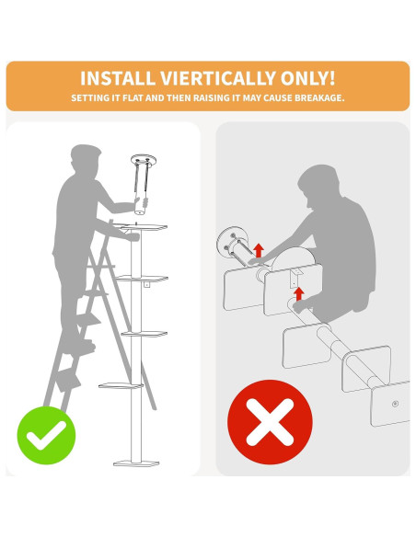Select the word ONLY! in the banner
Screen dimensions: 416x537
tap(307, 78)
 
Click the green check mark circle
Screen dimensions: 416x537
tap(46, 435)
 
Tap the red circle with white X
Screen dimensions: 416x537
tap(270, 422)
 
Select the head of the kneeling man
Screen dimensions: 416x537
tap(317, 185)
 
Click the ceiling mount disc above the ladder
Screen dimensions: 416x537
tap(144, 159)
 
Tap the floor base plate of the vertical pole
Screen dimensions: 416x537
tap(136, 463)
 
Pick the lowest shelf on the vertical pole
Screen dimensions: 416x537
tap(121, 385)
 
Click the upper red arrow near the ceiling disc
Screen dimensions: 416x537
tap(259, 250)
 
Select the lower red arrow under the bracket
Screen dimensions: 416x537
tap(299, 294)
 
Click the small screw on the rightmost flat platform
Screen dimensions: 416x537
tap(395, 404)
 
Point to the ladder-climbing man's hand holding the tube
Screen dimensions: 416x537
tap(144, 202)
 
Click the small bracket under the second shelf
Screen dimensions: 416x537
tap(146, 284)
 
